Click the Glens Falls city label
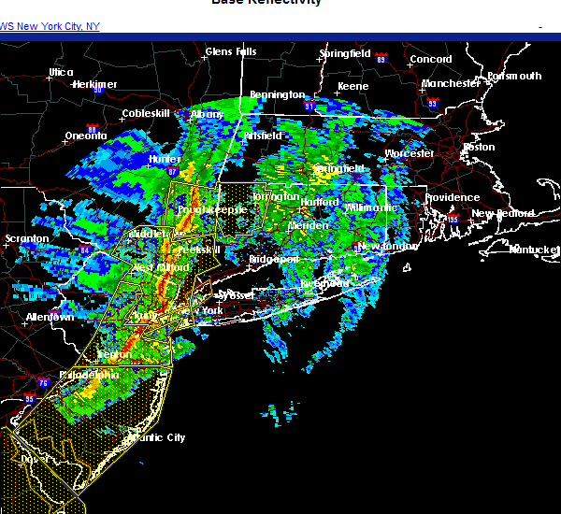230,51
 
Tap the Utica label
61,72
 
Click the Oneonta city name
85,136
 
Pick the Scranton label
25,238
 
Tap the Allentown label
50,318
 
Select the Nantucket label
534,250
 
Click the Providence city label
452,198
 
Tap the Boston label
479,147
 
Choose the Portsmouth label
514,76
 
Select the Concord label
431,59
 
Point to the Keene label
352,86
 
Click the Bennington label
277,94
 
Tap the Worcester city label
409,153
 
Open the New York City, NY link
50,26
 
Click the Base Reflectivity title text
266,3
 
